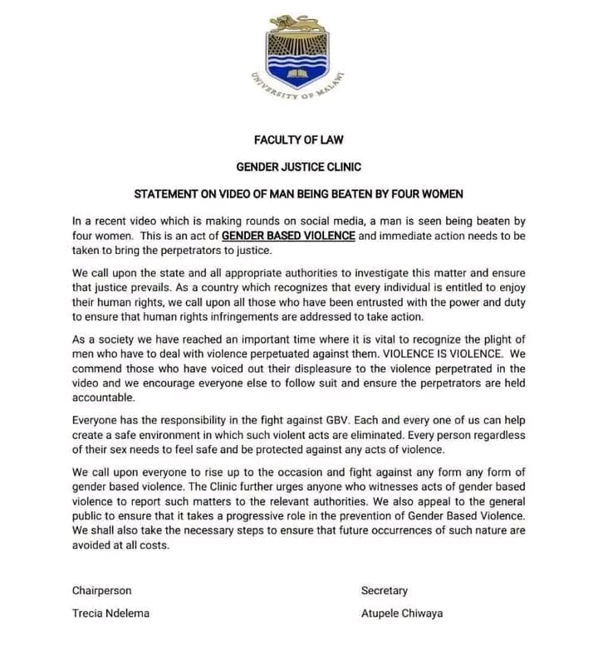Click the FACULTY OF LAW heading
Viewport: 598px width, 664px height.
coord(299,139)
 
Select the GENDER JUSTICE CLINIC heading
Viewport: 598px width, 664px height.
coord(299,167)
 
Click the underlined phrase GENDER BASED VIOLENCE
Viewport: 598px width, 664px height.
coord(289,236)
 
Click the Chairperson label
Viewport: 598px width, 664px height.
coord(101,591)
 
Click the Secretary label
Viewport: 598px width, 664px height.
coord(385,591)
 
